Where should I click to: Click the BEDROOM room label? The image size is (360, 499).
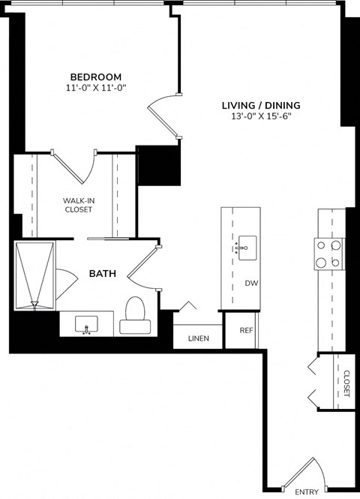click(96, 77)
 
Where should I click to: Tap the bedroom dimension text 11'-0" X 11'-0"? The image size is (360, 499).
click(96, 88)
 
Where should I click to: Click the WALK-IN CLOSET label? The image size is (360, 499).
click(77, 205)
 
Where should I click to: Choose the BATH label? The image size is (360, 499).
click(102, 274)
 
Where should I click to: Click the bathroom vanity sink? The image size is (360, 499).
click(88, 324)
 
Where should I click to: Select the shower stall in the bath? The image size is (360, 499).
click(34, 275)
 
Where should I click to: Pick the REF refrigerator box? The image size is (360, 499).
click(245, 331)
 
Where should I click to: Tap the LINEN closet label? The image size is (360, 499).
click(198, 339)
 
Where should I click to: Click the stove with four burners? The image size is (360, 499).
click(330, 254)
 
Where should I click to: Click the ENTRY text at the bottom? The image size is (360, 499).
click(307, 492)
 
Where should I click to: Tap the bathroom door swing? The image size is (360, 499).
click(142, 266)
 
